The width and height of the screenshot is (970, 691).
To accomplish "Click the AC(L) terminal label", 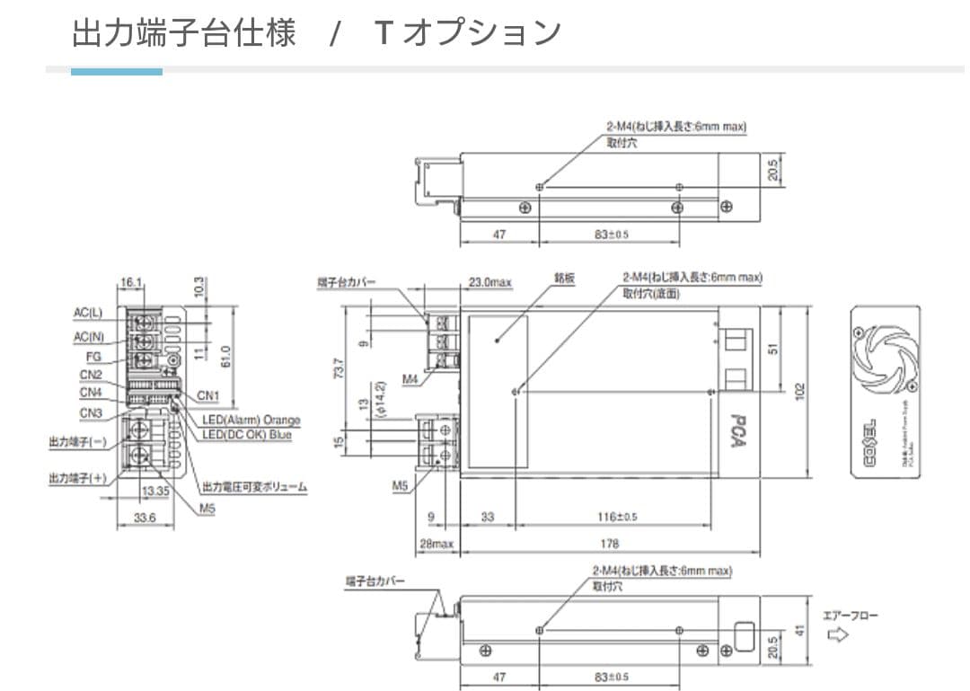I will pyautogui.click(x=88, y=314).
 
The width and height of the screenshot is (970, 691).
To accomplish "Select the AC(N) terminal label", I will pyautogui.click(x=89, y=336).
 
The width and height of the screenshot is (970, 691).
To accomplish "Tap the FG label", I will pyautogui.click(x=93, y=357).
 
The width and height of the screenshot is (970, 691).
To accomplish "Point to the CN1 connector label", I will pyautogui.click(x=208, y=395).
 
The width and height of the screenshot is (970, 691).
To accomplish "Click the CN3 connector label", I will pyautogui.click(x=91, y=413).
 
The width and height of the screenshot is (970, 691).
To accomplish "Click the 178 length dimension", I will pyautogui.click(x=610, y=544).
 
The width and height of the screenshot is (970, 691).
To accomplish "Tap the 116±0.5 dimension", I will pyautogui.click(x=617, y=517).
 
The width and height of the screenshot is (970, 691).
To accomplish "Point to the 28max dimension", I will pyautogui.click(x=437, y=544).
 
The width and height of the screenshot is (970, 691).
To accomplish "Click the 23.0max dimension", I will pyautogui.click(x=489, y=282).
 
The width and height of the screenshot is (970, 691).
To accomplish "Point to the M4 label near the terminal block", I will pyautogui.click(x=410, y=379).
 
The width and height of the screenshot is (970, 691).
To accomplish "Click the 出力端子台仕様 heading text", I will pyautogui.click(x=184, y=33).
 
